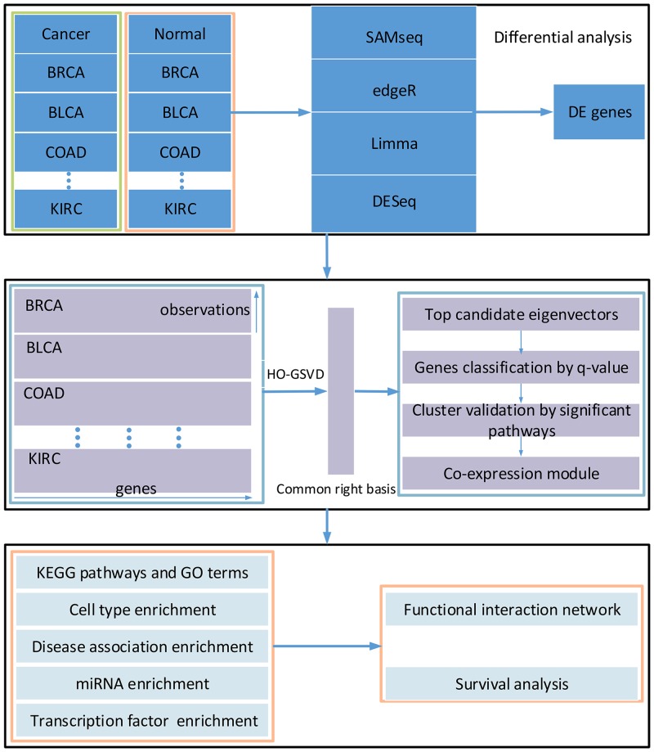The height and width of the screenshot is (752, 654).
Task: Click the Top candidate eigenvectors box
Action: [x=522, y=315]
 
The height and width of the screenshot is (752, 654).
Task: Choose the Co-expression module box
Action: [x=522, y=472]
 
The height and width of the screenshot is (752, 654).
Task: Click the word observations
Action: [x=204, y=309]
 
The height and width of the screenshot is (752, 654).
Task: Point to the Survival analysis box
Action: [x=510, y=683]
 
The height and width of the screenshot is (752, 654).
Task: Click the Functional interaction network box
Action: [x=510, y=610]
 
